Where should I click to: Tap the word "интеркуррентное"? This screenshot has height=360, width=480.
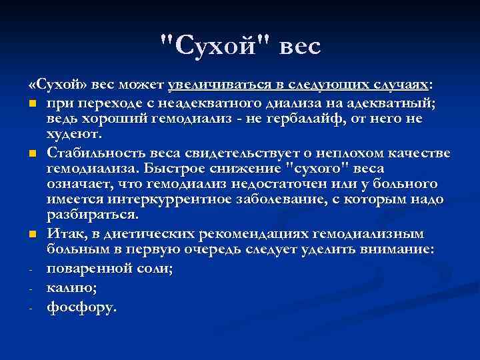point(150,199)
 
